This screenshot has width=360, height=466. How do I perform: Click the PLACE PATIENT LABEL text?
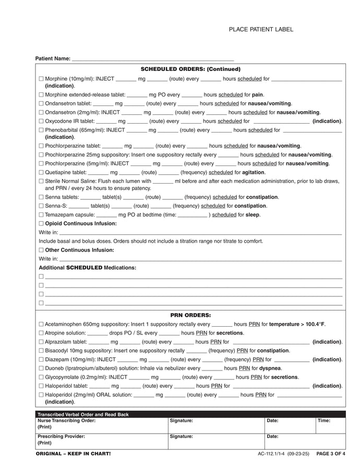pos(261,30)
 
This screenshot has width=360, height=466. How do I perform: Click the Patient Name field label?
pos(52,58)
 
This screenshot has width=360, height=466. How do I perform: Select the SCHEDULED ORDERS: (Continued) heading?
pos(190,69)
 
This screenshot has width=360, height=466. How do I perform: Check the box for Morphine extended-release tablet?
pos(41,95)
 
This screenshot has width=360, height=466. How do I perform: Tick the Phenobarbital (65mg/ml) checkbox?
pos(41,130)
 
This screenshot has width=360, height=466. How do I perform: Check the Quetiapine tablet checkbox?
pos(41,172)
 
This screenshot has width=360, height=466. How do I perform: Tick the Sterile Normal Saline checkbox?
pos(41,181)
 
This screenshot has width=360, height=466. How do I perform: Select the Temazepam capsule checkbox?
pos(41,214)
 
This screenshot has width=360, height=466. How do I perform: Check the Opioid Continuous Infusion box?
pos(41,223)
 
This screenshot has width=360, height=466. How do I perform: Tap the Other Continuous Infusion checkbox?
pos(41,250)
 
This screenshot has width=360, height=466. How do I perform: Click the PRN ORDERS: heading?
pos(190,315)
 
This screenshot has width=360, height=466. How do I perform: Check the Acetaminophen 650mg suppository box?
pos(41,324)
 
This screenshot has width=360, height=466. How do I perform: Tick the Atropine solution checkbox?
pos(41,333)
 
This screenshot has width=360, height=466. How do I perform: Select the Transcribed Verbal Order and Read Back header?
pos(83,414)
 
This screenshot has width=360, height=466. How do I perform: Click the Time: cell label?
pos(324,421)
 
